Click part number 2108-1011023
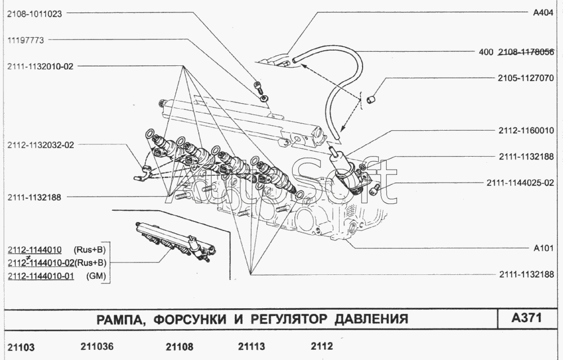click(34, 15)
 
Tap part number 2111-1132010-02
click(41, 66)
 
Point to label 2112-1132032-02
click(41, 145)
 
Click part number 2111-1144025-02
click(521, 183)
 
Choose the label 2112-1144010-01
click(41, 276)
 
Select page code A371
click(526, 318)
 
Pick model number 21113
click(252, 346)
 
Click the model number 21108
click(180, 346)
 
